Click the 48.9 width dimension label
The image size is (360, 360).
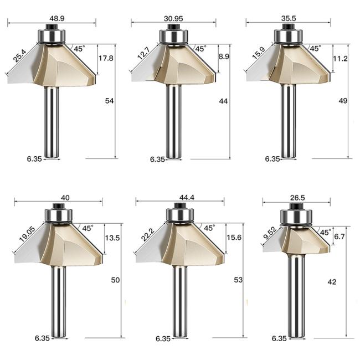point(57,18)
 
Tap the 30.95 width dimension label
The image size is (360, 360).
point(173,18)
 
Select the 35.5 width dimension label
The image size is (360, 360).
point(289,18)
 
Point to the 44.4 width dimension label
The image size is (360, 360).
point(187,198)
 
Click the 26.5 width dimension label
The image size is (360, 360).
point(297,198)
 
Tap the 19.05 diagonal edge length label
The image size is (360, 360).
point(27,234)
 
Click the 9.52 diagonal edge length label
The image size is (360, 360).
point(270,233)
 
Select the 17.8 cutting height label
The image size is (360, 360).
point(106,58)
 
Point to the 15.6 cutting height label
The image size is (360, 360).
point(234,238)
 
